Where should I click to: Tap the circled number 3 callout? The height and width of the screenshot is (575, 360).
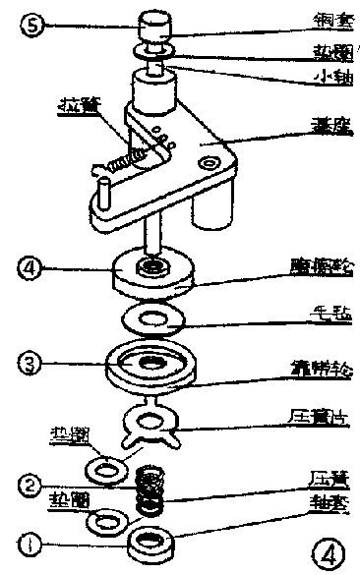32,365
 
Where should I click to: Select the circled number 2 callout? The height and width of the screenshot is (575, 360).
32,484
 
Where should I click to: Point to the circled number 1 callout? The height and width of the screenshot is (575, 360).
32,540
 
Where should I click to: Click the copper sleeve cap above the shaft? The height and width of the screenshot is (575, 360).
155,23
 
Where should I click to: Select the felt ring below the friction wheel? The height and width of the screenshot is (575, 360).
150,317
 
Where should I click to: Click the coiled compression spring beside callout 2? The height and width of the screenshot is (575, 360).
149,489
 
